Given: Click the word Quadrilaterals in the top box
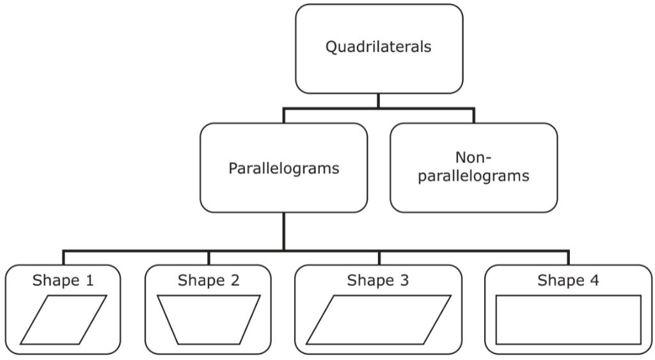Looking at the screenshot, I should pyautogui.click(x=379, y=48).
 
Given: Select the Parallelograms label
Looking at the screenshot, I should pyautogui.click(x=283, y=169).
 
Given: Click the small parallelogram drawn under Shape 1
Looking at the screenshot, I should pyautogui.click(x=63, y=320).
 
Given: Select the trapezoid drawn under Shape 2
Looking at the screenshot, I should pyautogui.click(x=209, y=320).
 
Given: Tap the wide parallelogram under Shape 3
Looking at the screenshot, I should pyautogui.click(x=378, y=320).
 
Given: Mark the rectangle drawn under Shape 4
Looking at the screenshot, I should pyautogui.click(x=568, y=320).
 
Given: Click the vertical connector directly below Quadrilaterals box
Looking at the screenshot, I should pyautogui.click(x=379, y=100).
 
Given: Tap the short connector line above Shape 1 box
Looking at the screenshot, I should pyautogui.click(x=63, y=257).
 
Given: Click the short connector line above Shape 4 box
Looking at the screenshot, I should pyautogui.click(x=568, y=257).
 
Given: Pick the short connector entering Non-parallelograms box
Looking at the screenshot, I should pyautogui.click(x=473, y=116).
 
